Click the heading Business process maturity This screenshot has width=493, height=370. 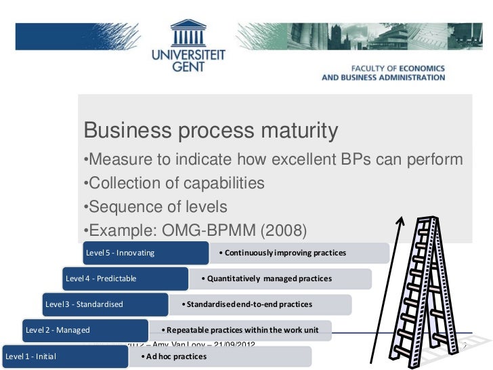click(x=210, y=130)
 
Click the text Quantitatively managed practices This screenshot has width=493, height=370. click(x=269, y=279)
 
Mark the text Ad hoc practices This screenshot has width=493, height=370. click(x=167, y=356)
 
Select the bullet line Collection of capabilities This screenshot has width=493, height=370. click(x=173, y=183)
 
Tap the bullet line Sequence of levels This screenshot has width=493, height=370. click(x=154, y=207)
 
